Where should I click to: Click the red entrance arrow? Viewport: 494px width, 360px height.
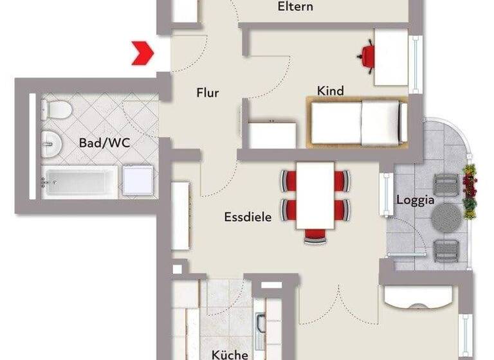142,53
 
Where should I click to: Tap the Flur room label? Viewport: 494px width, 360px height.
207,93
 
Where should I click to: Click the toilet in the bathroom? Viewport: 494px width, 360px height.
57,109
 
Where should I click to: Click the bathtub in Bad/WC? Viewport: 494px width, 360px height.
80,182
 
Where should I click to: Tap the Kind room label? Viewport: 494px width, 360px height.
330,91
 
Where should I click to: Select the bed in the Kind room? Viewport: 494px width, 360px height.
357,122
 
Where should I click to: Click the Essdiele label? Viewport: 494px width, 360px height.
248,217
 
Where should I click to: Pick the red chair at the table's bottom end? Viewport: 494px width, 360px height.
315,235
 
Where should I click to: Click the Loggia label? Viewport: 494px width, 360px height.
416,200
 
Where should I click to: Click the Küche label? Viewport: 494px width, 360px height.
230,354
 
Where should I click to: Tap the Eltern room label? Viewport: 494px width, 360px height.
295,7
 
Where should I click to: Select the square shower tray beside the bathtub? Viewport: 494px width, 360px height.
138,181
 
